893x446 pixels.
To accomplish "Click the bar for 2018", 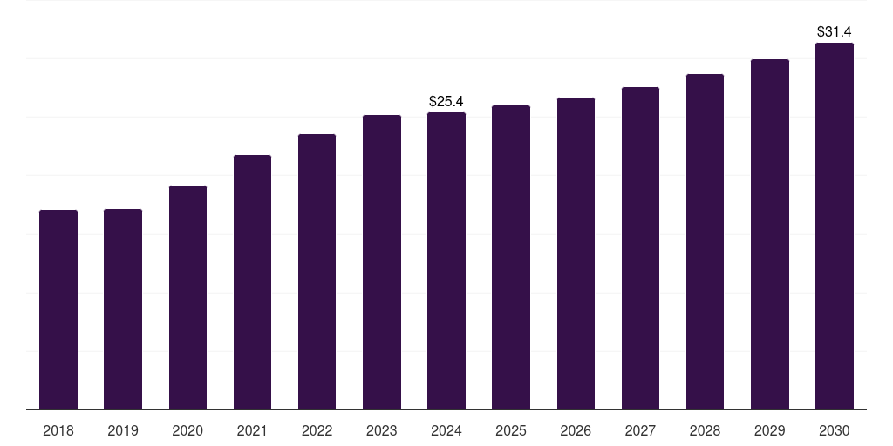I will (58, 309).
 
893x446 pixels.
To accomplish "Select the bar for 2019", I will (123, 309).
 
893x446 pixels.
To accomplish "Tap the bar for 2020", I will (187, 297).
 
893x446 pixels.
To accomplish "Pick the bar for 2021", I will (252, 282).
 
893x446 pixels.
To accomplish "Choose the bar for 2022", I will (317, 272).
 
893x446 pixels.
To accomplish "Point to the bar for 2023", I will (382, 262).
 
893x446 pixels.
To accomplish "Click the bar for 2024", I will (446, 260).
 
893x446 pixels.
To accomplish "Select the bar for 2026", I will (576, 253).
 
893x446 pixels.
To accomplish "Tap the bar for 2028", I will (705, 241).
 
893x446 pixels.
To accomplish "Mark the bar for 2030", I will (835, 226).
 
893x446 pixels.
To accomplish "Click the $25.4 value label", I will (446, 102).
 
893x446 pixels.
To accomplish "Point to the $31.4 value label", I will (835, 32).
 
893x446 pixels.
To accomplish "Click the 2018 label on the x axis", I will (58, 430).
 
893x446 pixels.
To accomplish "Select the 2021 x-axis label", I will (252, 430).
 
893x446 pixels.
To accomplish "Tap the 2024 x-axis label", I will (446, 430).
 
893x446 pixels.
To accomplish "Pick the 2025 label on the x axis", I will (511, 430).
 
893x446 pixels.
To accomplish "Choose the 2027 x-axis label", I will (640, 430).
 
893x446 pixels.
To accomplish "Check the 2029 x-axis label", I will (770, 430).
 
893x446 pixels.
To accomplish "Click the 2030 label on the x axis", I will (835, 430).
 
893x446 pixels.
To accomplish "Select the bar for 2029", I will (770, 234).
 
